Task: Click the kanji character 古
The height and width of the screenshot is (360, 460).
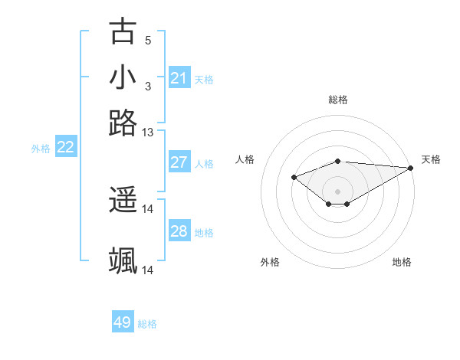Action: (x=123, y=32)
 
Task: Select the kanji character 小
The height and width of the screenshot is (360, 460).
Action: (x=123, y=78)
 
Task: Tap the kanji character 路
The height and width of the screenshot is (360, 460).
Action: (x=123, y=123)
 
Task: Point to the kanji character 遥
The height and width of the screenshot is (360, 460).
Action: (x=123, y=201)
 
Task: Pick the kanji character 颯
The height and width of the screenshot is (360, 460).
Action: (x=123, y=260)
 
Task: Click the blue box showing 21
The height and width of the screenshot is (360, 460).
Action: (x=179, y=78)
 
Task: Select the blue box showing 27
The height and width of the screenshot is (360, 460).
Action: (x=179, y=162)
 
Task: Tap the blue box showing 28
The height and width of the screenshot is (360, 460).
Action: (x=179, y=231)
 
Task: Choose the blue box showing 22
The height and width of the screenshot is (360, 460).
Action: (x=66, y=148)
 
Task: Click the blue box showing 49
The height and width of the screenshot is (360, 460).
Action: (x=123, y=322)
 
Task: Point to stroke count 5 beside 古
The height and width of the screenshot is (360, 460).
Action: (x=148, y=41)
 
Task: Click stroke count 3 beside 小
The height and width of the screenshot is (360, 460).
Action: (x=148, y=86)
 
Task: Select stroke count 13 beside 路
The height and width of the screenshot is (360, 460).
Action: (x=148, y=132)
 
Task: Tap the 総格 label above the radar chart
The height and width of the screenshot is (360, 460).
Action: (x=338, y=100)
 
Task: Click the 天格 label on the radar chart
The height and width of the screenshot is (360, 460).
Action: (x=431, y=159)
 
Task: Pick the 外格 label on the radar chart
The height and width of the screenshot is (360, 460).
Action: (x=270, y=262)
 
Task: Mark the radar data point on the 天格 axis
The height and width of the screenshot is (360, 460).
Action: (x=411, y=168)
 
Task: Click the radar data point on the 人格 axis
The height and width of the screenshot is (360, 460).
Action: (x=294, y=178)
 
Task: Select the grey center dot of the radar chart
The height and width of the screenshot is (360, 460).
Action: (x=338, y=191)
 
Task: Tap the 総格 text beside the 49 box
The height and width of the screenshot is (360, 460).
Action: (x=147, y=324)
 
